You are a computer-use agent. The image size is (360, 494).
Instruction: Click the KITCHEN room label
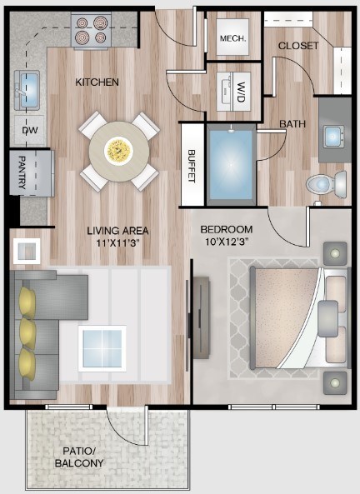97,82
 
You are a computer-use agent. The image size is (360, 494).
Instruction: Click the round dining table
118,150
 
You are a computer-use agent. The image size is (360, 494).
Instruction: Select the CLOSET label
298,45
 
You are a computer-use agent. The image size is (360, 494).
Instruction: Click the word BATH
292,124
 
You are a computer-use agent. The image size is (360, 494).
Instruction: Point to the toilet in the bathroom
322,183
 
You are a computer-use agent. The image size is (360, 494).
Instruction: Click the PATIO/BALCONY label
79,457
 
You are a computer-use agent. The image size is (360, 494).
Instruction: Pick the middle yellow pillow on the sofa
28,330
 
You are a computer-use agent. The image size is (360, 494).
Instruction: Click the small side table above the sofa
26,249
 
